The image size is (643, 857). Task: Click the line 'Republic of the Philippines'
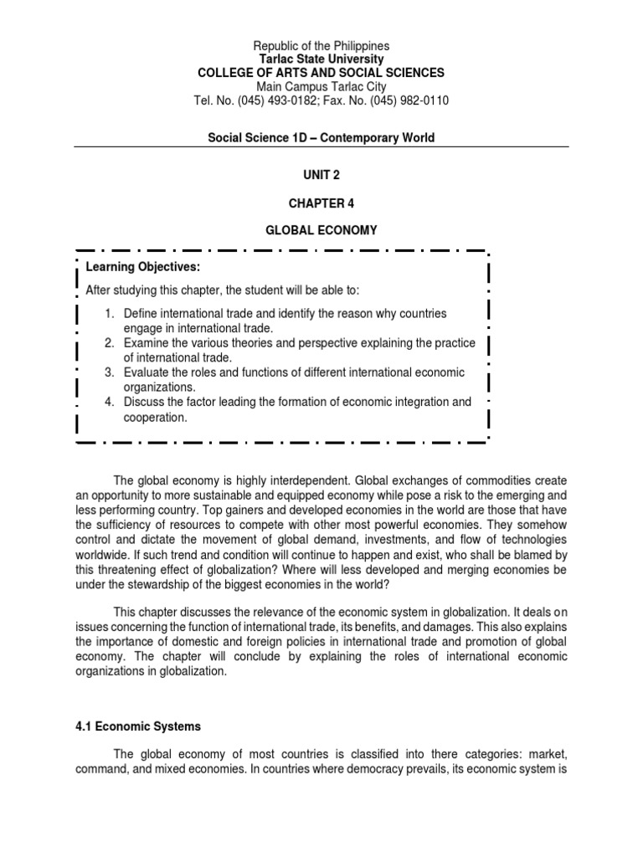pos(321,45)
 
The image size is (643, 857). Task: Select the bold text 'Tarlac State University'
pos(321,59)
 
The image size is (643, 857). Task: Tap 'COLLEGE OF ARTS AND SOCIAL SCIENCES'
pos(321,73)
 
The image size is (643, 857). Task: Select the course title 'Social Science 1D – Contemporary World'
pos(321,137)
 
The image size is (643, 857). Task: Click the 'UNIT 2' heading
pos(321,175)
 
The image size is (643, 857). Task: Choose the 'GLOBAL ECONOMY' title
pos(321,229)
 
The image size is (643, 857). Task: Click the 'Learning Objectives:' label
pos(143,267)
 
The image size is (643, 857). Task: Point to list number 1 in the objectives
pos(109,313)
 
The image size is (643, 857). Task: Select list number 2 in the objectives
pos(109,343)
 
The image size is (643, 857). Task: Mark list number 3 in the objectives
pos(109,372)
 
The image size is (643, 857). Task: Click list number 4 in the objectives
pos(109,403)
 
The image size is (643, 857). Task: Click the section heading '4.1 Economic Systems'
pos(137,726)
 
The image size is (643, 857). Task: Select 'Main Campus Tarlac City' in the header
pos(321,87)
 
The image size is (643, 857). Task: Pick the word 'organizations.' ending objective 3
pos(159,387)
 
